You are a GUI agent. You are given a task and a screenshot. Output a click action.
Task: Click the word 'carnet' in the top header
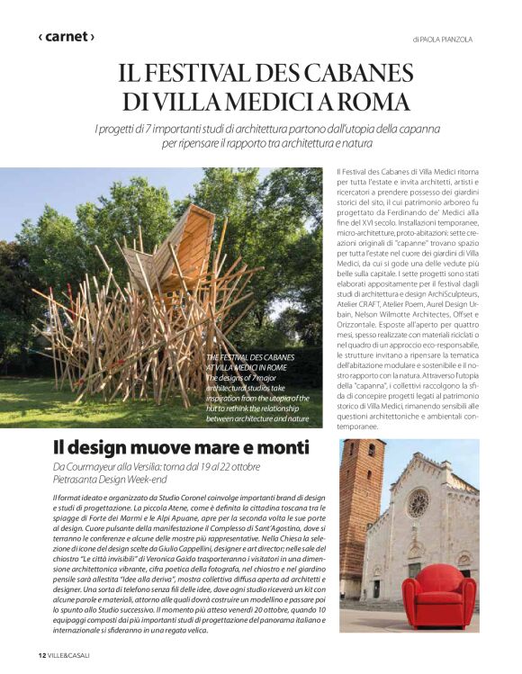[66, 37]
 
